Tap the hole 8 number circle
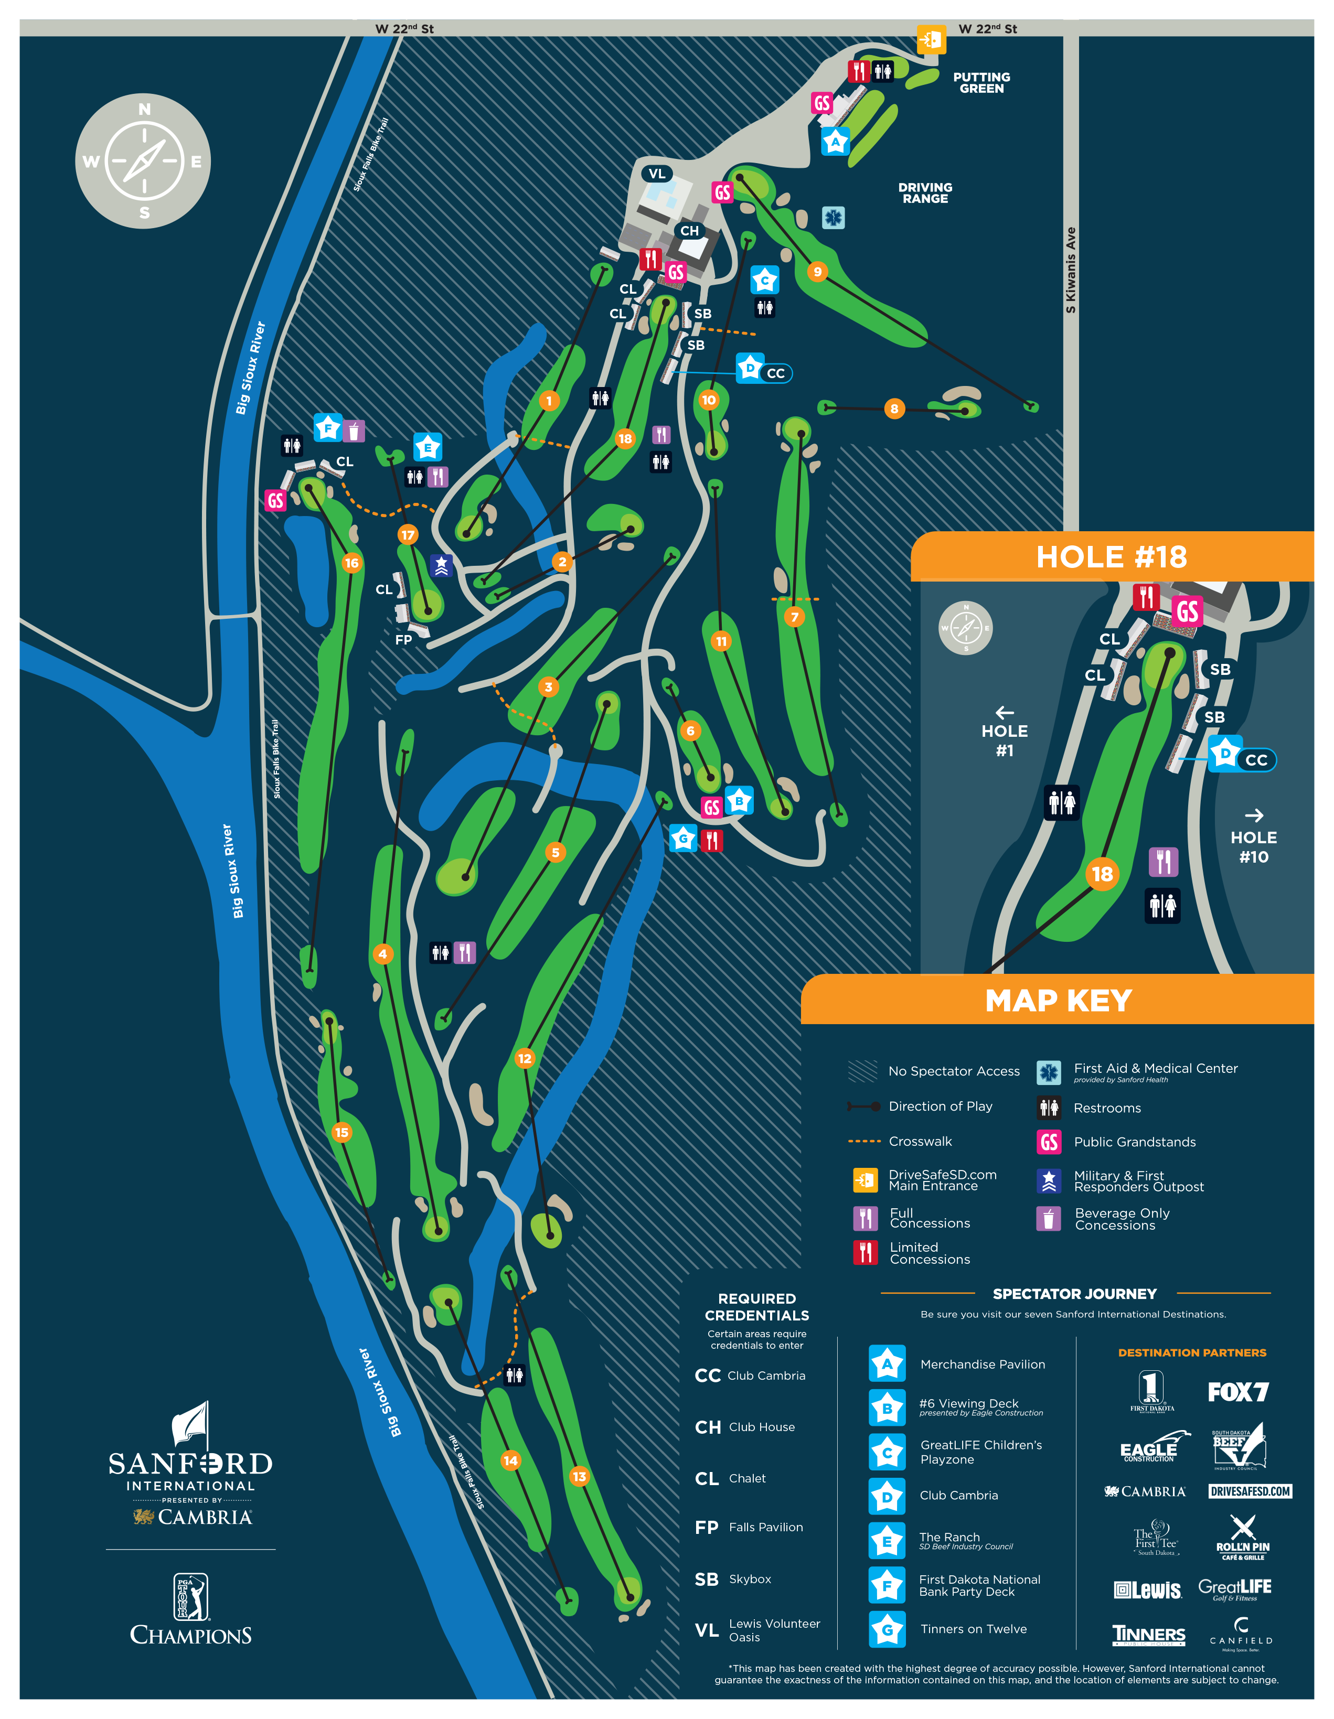click(894, 409)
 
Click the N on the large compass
click(144, 110)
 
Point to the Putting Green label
click(981, 83)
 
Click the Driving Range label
click(925, 193)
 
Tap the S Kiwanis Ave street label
click(1070, 270)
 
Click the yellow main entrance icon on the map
click(931, 39)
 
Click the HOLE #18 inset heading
click(1111, 557)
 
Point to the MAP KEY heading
click(1059, 1001)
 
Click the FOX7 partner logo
click(1238, 1392)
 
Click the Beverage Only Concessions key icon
click(1048, 1218)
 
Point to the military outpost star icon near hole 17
click(441, 565)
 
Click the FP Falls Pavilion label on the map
click(403, 640)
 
